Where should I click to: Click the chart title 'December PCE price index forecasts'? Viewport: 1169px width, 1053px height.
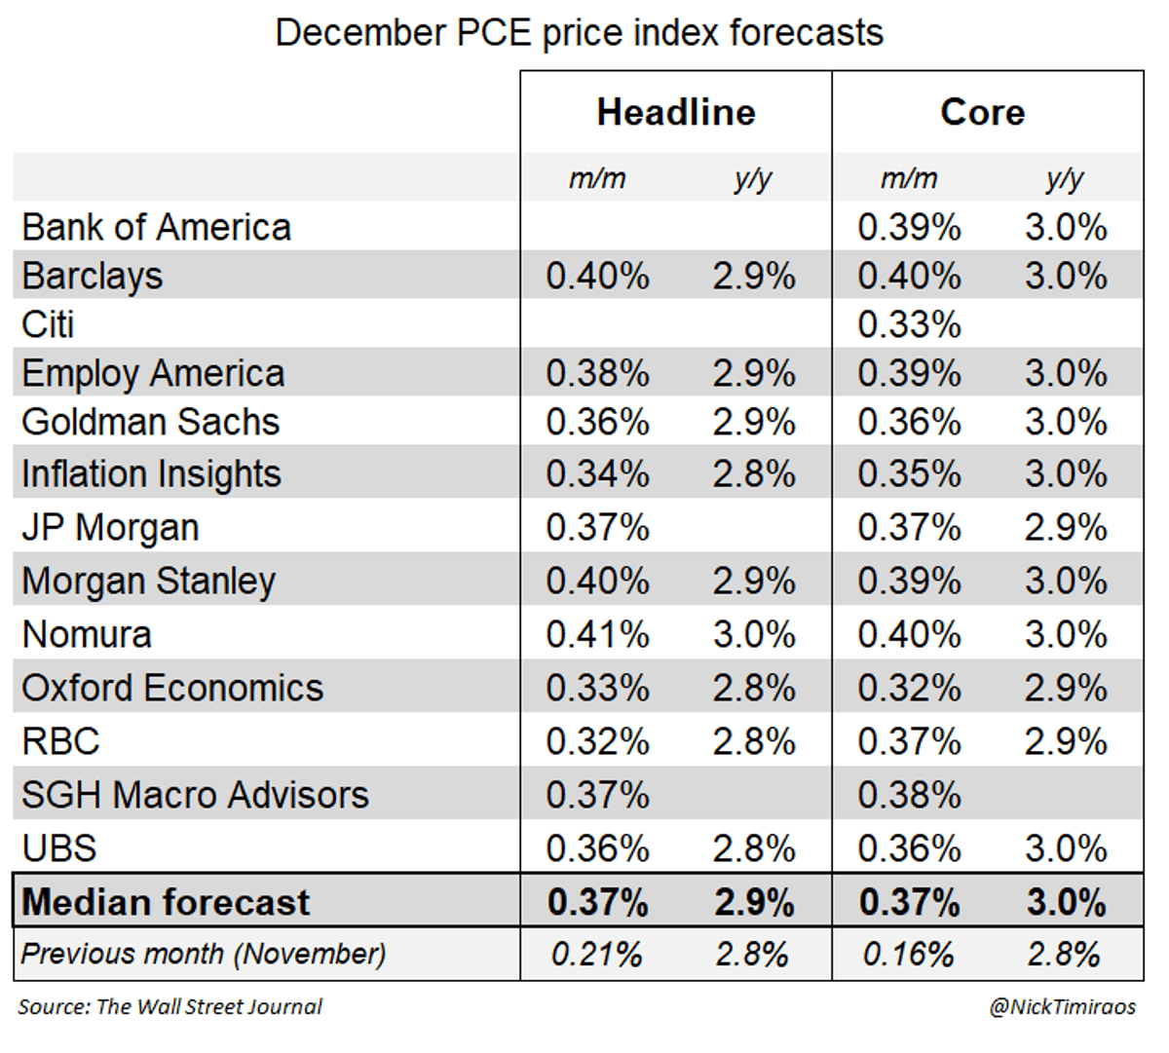click(x=579, y=33)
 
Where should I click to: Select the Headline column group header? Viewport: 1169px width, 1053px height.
click(x=676, y=112)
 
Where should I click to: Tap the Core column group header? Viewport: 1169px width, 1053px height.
click(x=982, y=112)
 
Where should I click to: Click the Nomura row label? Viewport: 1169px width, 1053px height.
click(x=87, y=635)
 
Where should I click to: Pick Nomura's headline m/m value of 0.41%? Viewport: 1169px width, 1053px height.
click(x=597, y=635)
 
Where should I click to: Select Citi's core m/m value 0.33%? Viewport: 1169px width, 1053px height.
click(x=909, y=324)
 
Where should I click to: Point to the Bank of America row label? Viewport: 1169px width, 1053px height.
click(x=156, y=228)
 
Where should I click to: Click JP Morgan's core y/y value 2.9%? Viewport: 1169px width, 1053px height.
click(x=1066, y=528)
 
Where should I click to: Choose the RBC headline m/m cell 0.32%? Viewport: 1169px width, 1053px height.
click(x=597, y=741)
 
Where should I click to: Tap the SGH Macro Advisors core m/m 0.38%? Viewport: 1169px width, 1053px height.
click(x=909, y=795)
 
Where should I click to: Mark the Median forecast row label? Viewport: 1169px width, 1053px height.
click(x=166, y=902)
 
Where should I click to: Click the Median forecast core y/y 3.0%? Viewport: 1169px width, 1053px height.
click(x=1066, y=902)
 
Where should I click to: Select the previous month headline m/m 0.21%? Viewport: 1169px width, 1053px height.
click(x=596, y=954)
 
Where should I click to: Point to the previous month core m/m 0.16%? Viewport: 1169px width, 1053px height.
click(x=908, y=954)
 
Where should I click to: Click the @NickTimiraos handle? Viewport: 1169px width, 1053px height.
click(x=1062, y=1007)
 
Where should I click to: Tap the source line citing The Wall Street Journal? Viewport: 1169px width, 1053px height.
click(x=170, y=1007)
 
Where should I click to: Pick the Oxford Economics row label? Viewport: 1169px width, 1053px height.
click(x=172, y=689)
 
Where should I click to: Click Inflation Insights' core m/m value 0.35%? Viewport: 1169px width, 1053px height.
click(x=909, y=474)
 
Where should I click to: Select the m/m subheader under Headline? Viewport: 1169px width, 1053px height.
click(x=597, y=178)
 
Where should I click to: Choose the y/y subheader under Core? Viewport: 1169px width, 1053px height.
click(x=1065, y=178)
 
